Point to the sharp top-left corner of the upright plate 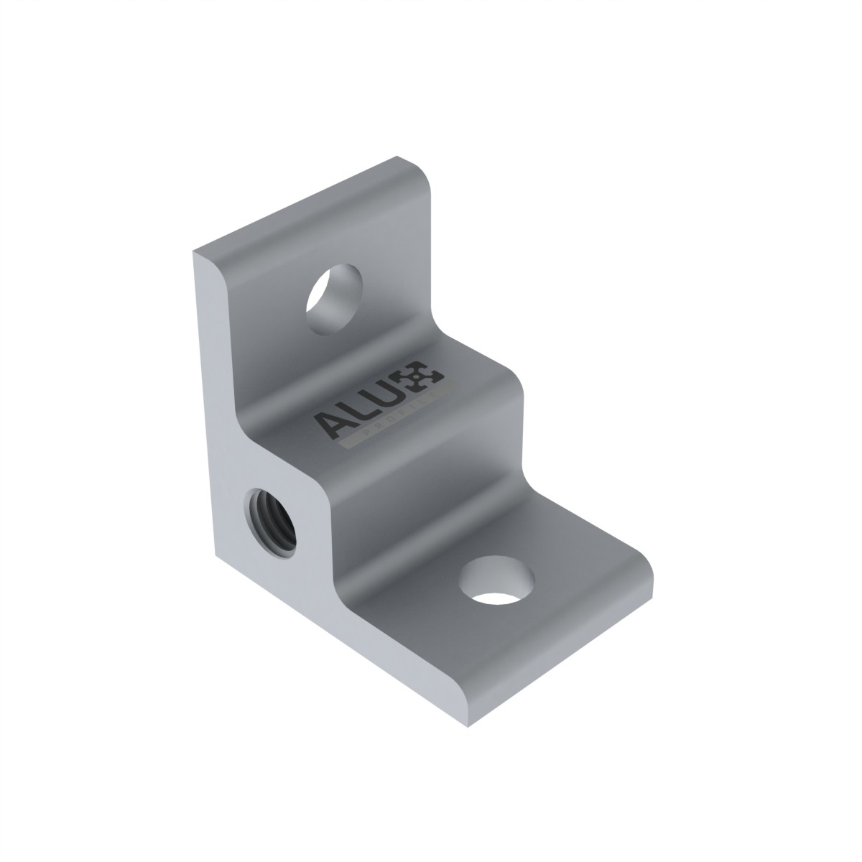tap(193, 253)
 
